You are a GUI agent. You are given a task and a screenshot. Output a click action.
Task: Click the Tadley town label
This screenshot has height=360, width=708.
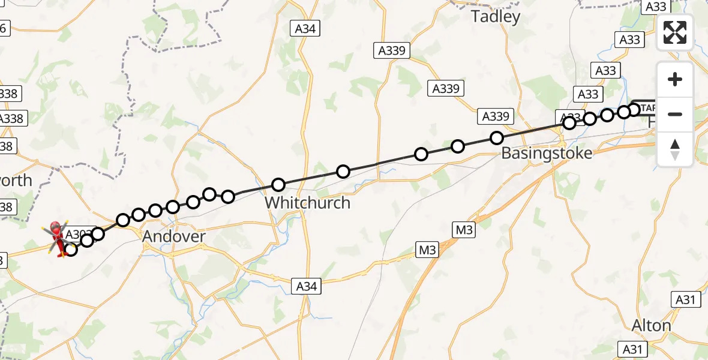point(496,17)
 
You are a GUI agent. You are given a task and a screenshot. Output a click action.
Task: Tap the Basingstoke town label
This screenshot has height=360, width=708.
point(546,153)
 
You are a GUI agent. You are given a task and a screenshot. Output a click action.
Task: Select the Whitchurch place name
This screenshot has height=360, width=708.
point(307,203)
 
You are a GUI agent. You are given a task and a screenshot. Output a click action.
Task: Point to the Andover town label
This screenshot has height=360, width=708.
point(174,237)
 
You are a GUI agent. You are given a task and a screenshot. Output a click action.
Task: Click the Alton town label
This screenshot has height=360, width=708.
point(652,326)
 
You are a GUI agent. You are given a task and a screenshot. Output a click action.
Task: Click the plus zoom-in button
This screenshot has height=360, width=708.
point(675,79)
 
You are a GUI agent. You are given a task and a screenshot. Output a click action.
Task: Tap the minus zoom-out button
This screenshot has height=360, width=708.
point(675,114)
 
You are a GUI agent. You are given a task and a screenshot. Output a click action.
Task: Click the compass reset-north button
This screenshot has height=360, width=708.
point(675,149)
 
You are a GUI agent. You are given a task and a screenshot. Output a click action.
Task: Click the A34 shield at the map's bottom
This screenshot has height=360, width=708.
point(306,287)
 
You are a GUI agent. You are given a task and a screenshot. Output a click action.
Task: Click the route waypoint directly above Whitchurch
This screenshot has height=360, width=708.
point(278,185)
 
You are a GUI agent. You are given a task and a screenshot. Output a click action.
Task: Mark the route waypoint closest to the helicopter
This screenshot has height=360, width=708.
point(71,249)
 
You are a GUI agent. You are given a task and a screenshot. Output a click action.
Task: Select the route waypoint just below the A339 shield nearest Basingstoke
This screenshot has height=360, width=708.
point(497,138)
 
